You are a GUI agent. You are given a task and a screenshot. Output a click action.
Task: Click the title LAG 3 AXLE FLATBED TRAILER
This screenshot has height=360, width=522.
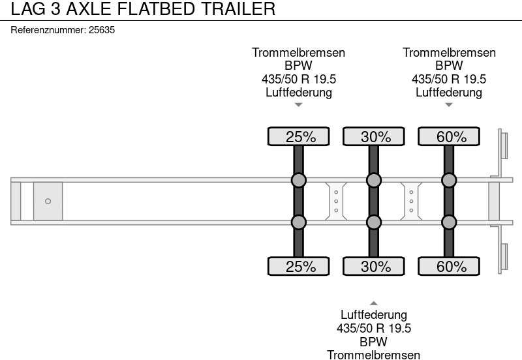click(x=138, y=9)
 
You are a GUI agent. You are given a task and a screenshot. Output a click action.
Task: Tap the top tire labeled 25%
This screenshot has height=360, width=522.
click(x=299, y=137)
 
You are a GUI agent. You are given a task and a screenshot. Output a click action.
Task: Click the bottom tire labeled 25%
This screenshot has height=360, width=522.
click(x=299, y=266)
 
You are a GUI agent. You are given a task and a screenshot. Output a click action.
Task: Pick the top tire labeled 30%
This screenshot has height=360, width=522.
click(x=374, y=137)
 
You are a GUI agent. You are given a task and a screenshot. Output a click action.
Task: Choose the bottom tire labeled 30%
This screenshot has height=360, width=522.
click(x=374, y=266)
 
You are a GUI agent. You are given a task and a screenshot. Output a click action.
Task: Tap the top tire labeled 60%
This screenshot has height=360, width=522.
click(x=449, y=137)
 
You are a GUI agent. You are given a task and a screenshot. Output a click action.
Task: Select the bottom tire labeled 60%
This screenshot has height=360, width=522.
click(x=449, y=266)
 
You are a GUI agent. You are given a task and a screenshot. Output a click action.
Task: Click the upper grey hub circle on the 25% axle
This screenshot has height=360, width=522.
click(x=299, y=181)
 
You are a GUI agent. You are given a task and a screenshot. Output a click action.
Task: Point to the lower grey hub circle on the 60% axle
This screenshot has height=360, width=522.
click(x=449, y=222)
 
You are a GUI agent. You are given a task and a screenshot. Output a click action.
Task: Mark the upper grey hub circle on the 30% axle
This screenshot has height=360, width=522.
click(x=374, y=181)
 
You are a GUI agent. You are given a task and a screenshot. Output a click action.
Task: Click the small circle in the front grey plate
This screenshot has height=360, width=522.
click(x=48, y=202)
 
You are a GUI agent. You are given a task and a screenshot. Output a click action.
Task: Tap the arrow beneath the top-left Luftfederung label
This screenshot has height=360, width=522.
click(x=299, y=104)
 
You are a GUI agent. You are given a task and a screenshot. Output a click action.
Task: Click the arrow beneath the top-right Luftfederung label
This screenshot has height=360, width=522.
click(x=449, y=104)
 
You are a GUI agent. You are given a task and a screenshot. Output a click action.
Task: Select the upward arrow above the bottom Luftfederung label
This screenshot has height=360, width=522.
click(x=374, y=303)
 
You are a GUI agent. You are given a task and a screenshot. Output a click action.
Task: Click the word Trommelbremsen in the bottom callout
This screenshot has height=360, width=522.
click(x=374, y=355)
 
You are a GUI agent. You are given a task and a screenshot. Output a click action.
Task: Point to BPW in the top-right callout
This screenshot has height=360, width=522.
click(x=449, y=66)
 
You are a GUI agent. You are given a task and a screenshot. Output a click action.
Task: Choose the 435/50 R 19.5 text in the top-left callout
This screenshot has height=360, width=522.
click(x=299, y=79)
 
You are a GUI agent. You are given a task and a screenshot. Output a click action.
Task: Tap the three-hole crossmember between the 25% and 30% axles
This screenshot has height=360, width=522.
click(x=335, y=202)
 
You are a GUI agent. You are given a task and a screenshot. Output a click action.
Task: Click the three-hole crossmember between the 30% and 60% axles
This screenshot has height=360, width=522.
click(x=411, y=202)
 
